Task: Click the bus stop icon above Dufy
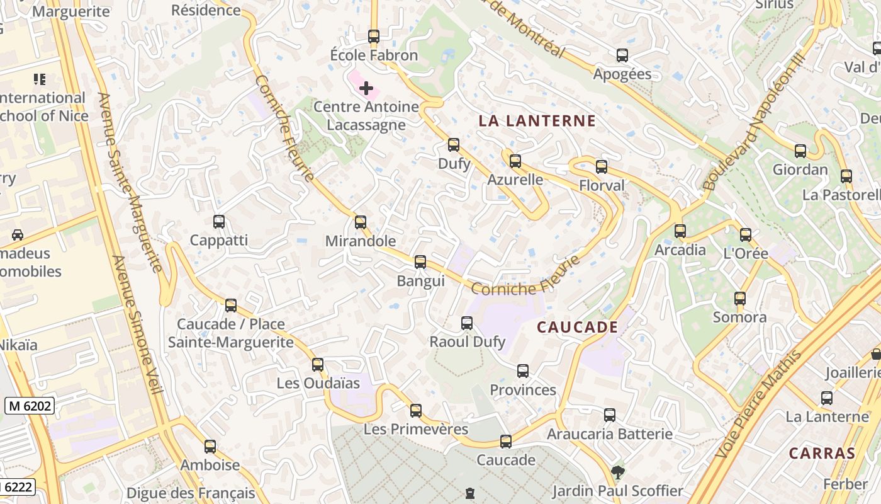click(x=454, y=145)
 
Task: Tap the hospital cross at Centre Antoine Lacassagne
click(x=366, y=88)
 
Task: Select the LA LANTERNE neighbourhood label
click(x=537, y=121)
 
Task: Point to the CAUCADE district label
click(x=577, y=327)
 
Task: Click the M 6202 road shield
click(x=30, y=406)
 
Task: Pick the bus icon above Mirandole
click(x=361, y=222)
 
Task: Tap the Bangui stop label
click(x=420, y=281)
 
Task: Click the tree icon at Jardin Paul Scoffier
click(x=618, y=472)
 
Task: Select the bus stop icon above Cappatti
click(x=219, y=222)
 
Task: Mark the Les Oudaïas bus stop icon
click(x=318, y=364)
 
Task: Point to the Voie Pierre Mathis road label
click(x=759, y=404)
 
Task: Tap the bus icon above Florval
click(x=602, y=167)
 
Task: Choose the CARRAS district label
click(x=822, y=453)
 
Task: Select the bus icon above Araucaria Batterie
click(x=610, y=415)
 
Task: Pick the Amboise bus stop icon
click(x=210, y=446)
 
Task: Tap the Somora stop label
click(x=739, y=317)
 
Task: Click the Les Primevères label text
click(x=416, y=430)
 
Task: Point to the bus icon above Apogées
click(x=622, y=55)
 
